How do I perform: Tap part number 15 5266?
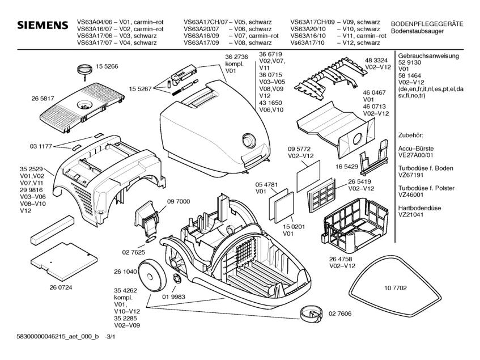coord(107,66)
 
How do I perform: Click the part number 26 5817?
coord(44,98)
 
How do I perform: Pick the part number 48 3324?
coord(376,60)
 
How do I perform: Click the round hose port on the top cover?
coord(249,139)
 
